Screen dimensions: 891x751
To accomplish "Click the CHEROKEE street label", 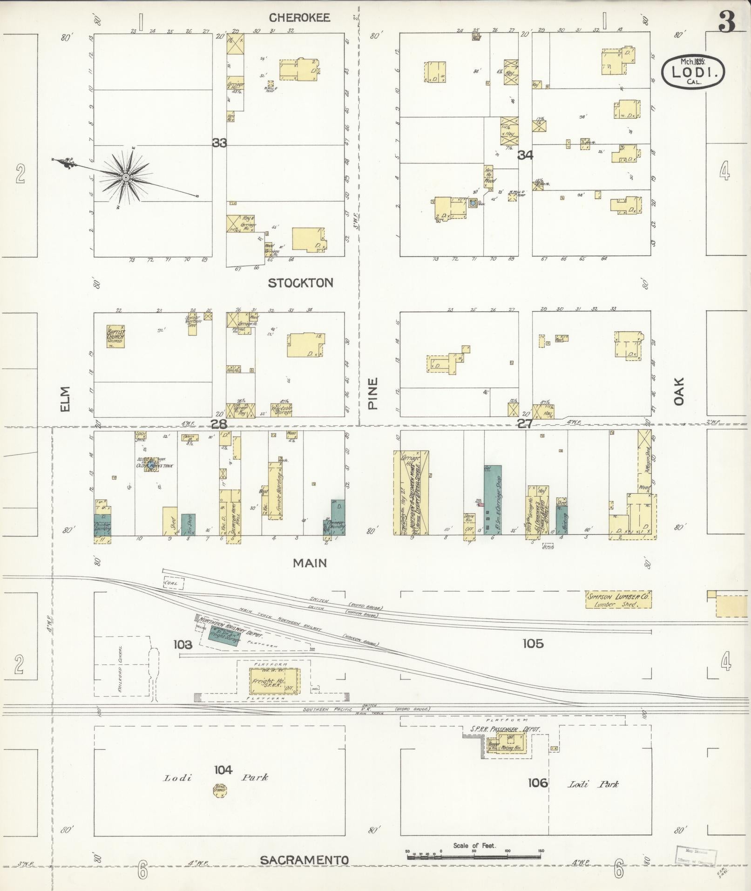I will click(x=300, y=18).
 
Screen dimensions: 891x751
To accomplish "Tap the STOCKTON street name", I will click(x=301, y=283).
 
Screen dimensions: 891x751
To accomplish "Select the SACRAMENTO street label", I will click(x=304, y=860).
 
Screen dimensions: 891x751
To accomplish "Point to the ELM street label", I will click(x=64, y=399).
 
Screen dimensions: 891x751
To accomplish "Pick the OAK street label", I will click(x=679, y=391).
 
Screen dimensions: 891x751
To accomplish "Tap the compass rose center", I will click(x=125, y=177).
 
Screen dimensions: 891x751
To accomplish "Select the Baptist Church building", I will click(x=115, y=336).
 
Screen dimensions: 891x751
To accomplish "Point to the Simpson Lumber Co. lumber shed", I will click(x=618, y=599).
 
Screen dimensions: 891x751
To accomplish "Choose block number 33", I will click(x=219, y=143).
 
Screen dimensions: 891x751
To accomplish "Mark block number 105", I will click(x=533, y=644).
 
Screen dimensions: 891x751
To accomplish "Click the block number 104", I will click(x=223, y=769).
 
